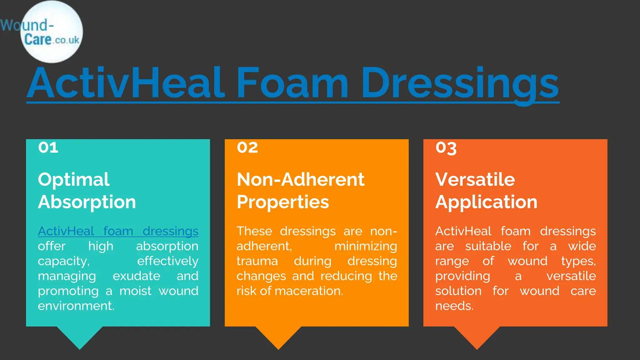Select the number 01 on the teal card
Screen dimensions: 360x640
click(x=48, y=147)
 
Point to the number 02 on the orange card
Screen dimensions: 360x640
click(x=247, y=147)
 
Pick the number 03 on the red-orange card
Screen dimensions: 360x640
click(x=446, y=148)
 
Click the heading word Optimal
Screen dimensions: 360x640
click(x=74, y=180)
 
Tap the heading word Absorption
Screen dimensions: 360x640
click(x=87, y=202)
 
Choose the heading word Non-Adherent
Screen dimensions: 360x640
click(x=300, y=180)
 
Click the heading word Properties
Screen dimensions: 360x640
click(x=283, y=202)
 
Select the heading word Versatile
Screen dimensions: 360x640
click(x=475, y=180)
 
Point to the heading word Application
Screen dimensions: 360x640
click(x=486, y=202)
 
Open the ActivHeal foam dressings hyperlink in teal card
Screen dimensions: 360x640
click(x=118, y=232)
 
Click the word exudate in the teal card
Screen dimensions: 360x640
click(x=136, y=276)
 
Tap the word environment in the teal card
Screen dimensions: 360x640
click(x=76, y=306)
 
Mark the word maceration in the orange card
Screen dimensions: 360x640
click(x=308, y=291)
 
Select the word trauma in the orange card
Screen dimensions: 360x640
click(x=257, y=261)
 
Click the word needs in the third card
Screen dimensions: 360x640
click(x=454, y=306)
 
